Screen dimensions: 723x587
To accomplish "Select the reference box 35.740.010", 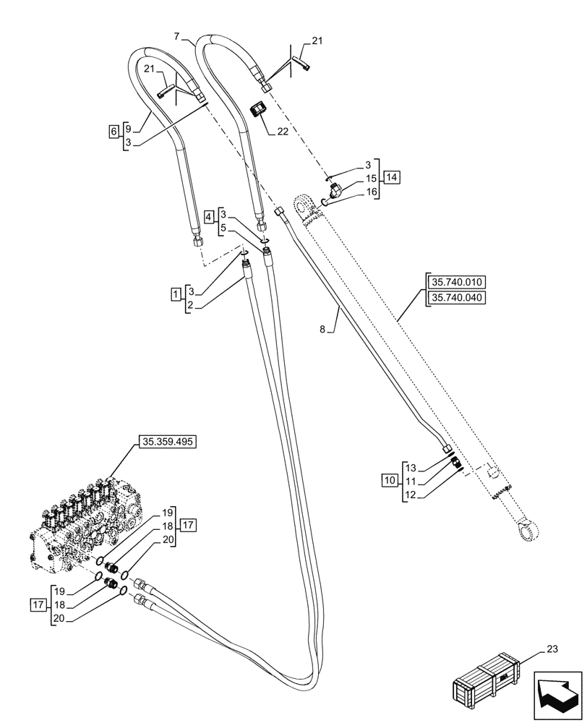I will [457, 282].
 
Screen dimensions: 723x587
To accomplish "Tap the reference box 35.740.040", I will [457, 297].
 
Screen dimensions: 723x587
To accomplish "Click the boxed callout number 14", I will [392, 177].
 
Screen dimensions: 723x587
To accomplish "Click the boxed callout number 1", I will [175, 294].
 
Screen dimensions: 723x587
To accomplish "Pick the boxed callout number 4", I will [209, 216].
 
